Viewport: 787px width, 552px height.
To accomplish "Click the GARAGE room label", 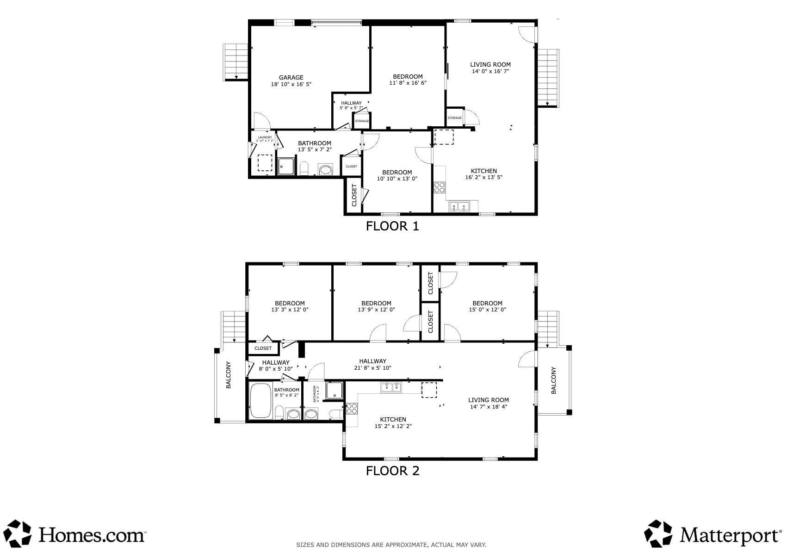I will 291,78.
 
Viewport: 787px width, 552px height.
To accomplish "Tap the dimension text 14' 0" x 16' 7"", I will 490,72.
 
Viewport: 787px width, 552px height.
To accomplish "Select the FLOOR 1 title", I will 392,226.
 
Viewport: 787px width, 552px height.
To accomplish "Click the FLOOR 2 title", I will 392,471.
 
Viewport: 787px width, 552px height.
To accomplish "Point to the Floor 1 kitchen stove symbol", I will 440,187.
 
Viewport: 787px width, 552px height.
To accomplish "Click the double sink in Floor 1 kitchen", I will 459,207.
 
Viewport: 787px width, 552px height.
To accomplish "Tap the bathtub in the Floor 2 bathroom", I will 260,401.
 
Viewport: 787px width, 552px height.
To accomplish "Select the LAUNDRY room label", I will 265,137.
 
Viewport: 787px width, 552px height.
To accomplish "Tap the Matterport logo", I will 713,535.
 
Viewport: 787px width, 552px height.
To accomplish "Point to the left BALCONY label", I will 229,375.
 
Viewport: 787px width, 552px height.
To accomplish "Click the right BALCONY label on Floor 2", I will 554,380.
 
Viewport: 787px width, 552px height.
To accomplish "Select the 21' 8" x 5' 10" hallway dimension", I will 372,368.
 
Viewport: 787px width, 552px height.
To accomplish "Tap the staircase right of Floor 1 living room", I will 549,78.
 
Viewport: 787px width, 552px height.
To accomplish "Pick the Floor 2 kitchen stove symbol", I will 352,409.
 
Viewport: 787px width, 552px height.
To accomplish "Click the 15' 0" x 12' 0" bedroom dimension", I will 487,310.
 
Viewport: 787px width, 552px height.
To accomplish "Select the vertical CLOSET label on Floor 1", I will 354,196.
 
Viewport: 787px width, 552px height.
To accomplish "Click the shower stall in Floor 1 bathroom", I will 286,167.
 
